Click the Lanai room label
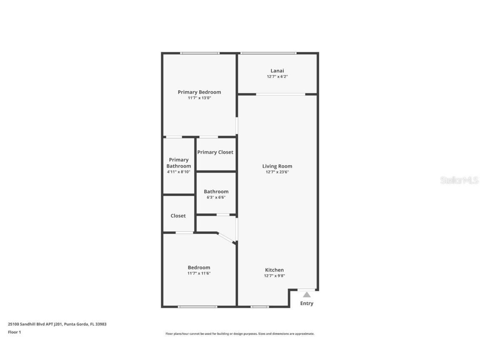[277, 71]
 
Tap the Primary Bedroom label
[199, 92]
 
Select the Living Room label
[277, 166]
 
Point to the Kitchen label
[274, 270]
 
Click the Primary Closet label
[215, 152]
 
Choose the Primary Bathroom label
[179, 163]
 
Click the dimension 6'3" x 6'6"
[216, 197]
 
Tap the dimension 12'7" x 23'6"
[277, 172]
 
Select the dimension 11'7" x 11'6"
[199, 273]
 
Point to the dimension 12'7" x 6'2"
[277, 77]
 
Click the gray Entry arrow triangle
[307, 295]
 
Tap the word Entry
[307, 303]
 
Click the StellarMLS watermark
[459, 180]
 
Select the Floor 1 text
[14, 332]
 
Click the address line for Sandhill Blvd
[57, 324]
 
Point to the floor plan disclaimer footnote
[240, 334]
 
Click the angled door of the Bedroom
[226, 237]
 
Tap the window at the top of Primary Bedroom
[200, 53]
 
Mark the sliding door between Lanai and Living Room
[280, 94]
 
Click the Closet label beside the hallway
[178, 216]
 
